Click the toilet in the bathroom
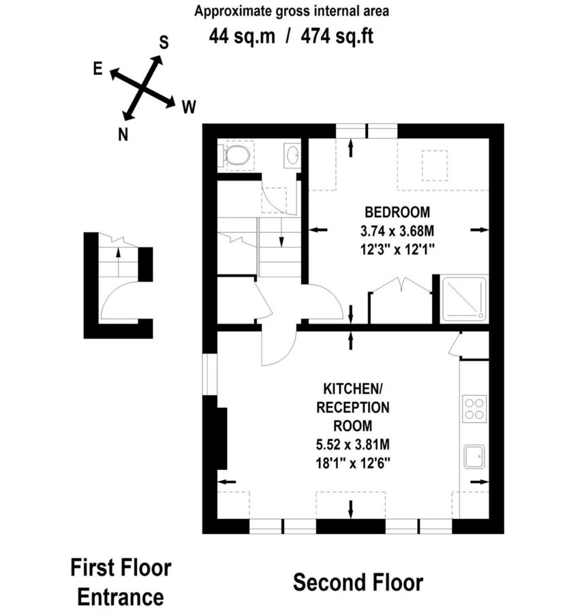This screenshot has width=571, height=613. coord(236,156)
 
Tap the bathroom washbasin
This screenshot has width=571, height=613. coord(292,156)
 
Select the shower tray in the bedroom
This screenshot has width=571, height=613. coord(464,298)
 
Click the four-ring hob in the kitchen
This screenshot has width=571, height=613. coord(474,408)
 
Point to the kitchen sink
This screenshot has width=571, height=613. coord(474,456)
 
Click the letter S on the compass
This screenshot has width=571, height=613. coord(164,42)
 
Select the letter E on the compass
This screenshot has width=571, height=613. coord(98,69)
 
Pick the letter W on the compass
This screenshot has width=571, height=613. coord(189,106)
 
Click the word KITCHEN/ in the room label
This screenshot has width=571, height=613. coord(352,389)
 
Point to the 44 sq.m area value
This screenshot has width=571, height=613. coord(242,35)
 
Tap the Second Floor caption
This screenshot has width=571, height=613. coord(358,583)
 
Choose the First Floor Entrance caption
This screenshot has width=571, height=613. coord(121,582)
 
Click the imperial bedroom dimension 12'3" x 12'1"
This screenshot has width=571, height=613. coord(397,249)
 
